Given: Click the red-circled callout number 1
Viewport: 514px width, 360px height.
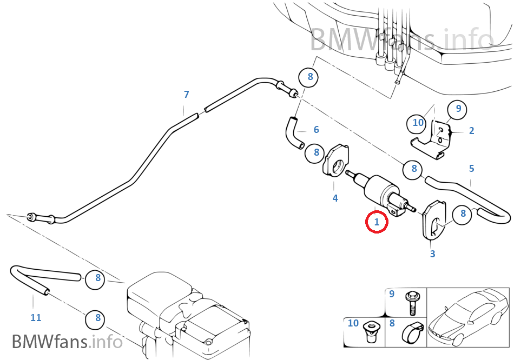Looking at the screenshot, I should [x=377, y=222].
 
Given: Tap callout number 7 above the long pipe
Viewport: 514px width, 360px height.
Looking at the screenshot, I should [x=186, y=95].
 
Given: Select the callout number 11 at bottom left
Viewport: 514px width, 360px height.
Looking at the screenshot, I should [x=36, y=318].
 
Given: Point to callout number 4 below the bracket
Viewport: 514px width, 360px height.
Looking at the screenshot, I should [x=335, y=198].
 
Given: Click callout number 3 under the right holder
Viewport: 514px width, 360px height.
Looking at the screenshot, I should [x=432, y=254].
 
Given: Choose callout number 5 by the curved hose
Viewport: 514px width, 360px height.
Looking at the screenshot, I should [x=471, y=169].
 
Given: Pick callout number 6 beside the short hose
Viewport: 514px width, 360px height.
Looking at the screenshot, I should [x=316, y=130].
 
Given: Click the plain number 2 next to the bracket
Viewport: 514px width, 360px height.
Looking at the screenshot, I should [x=471, y=130].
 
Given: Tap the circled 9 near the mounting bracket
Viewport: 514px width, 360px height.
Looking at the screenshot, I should [x=458, y=109].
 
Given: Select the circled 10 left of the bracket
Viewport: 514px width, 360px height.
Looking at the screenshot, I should [x=418, y=123].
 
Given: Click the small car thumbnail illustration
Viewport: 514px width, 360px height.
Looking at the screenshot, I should [x=468, y=316].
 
